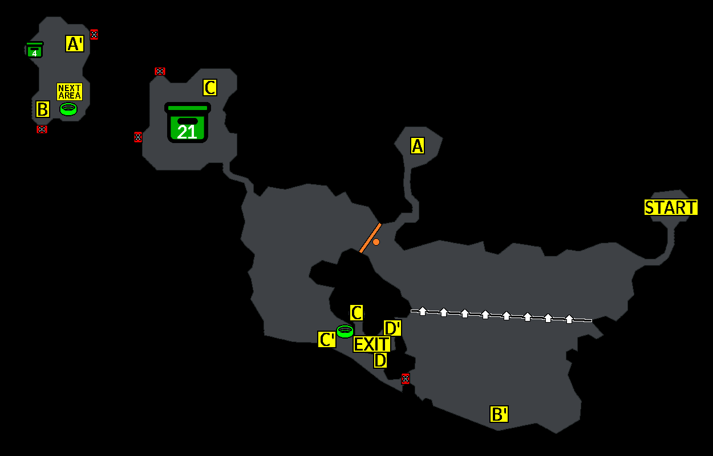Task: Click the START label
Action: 671,207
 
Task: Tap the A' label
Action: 75,44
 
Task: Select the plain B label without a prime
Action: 43,109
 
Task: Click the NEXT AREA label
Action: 70,92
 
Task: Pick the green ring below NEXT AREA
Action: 68,109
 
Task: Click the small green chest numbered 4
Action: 35,51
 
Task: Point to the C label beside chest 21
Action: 210,88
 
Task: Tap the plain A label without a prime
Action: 418,146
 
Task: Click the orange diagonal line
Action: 370,238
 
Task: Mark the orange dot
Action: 376,242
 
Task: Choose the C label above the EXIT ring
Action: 356,313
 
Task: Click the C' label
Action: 327,340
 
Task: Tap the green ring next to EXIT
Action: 345,331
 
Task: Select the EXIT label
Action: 372,344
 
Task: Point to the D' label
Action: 392,328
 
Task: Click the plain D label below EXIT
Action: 380,360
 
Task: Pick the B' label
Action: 499,414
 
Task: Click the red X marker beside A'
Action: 94,35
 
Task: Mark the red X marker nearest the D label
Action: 406,378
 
